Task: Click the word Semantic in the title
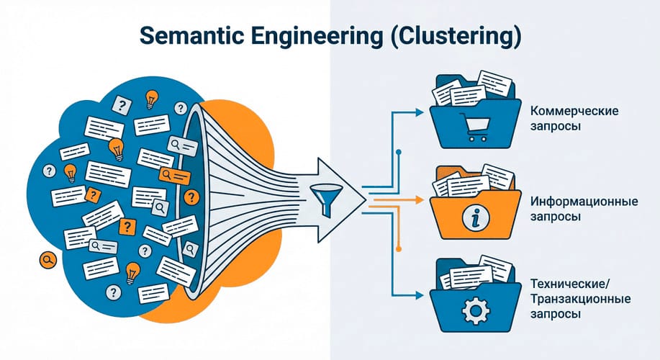pos(191,36)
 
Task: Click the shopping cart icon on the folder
pos(475,127)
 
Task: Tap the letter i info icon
pos(476,219)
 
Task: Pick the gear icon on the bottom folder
pos(476,310)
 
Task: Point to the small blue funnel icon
pos(326,200)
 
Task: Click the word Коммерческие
pos(574,112)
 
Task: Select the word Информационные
pos(584,202)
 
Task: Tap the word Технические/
pos(569,284)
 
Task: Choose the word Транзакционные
pos(580,300)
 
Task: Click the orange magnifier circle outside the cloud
pos(48,260)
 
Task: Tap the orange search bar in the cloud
pos(174,175)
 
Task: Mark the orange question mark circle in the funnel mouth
pos(191,197)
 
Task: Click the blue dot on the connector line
pos(399,152)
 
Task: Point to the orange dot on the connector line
pos(399,249)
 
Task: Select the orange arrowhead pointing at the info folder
pos(419,200)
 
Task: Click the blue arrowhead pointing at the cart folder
pos(419,112)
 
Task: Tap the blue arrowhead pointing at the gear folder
pos(419,296)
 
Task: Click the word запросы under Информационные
pos(555,217)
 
